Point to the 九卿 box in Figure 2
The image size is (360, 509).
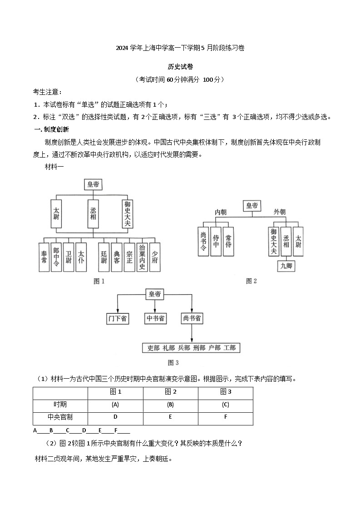click(x=286, y=266)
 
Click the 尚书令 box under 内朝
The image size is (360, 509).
click(x=203, y=242)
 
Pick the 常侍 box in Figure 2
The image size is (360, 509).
click(x=228, y=242)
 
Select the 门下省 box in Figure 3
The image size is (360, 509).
click(x=118, y=319)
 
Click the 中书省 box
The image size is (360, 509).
click(x=156, y=319)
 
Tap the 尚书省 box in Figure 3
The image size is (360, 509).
click(x=192, y=319)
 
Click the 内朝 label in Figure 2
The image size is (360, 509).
click(x=221, y=212)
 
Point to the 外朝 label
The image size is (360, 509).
click(x=280, y=212)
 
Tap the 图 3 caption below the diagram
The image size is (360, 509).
click(x=173, y=362)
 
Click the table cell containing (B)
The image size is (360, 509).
click(x=170, y=405)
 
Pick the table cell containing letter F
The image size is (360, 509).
click(x=226, y=417)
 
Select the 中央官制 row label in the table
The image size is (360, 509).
click(x=60, y=417)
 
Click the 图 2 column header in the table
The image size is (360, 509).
click(x=170, y=392)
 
